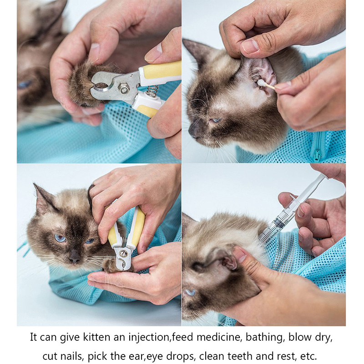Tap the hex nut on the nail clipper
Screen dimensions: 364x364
(x=124, y=88)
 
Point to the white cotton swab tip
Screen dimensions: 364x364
(x=263, y=83)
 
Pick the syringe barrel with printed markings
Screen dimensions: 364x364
(x=278, y=222)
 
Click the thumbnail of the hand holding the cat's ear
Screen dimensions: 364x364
(x=250, y=46)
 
